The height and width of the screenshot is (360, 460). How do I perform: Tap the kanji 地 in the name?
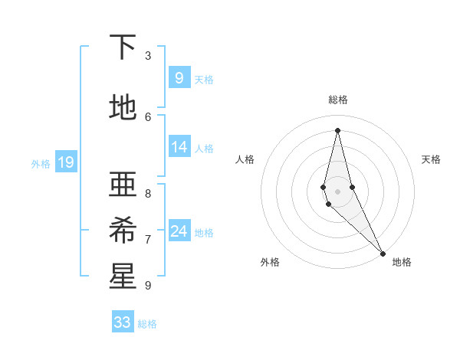tap(123, 108)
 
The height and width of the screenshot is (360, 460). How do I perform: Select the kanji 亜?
tap(123, 184)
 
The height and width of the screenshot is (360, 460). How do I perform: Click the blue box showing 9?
tap(179, 77)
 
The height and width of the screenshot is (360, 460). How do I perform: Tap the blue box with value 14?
tap(179, 146)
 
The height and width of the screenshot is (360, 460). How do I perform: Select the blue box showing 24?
tap(179, 231)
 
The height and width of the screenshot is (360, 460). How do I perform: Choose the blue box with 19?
tap(65, 162)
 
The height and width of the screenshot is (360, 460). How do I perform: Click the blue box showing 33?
tap(123, 322)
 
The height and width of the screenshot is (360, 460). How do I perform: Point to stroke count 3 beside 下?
tap(148, 56)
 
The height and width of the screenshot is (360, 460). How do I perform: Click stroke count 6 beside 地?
tap(148, 116)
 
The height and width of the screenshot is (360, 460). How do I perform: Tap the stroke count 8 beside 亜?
tap(148, 194)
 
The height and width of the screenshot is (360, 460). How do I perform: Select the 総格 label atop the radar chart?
tap(337, 100)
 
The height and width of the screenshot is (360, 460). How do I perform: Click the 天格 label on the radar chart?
tap(431, 159)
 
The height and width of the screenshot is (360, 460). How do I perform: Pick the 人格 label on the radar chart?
tap(245, 159)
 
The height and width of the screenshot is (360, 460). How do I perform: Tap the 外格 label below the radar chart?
tap(270, 262)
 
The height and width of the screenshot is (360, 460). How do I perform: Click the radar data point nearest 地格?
tap(383, 253)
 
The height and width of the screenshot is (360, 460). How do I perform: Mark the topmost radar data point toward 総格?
tap(337, 129)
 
